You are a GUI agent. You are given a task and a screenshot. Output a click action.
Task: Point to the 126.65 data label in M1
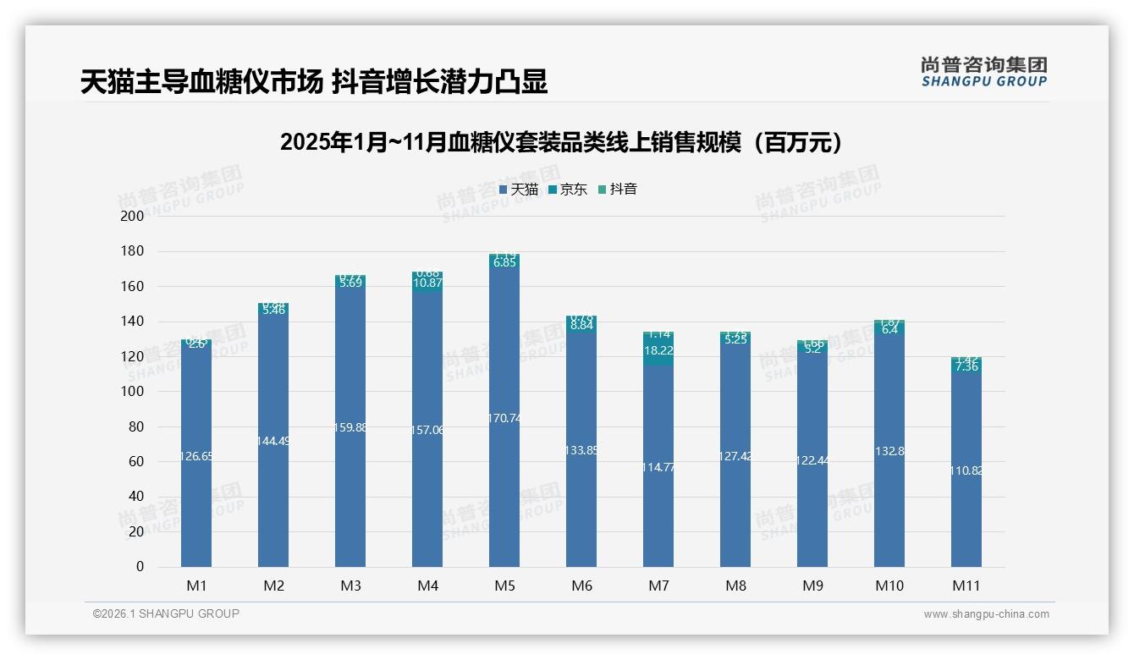(196, 456)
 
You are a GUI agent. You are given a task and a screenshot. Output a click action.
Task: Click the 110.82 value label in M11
(966, 470)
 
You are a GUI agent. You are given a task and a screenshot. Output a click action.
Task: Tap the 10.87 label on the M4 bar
(427, 283)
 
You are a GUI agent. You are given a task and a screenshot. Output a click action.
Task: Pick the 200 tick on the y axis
(133, 217)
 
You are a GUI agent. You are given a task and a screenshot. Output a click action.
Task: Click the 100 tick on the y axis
(133, 392)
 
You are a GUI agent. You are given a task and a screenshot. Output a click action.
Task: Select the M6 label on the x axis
(581, 586)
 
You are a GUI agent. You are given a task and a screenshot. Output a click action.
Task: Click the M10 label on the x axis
(889, 586)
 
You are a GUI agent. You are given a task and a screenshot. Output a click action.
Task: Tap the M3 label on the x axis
(350, 586)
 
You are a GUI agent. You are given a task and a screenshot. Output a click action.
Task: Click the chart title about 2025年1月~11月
(565, 142)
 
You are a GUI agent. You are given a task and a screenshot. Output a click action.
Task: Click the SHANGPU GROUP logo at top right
(983, 72)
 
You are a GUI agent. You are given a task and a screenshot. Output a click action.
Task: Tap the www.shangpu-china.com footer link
(986, 614)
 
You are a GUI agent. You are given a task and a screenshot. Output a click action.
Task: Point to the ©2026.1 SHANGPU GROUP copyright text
(166, 613)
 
